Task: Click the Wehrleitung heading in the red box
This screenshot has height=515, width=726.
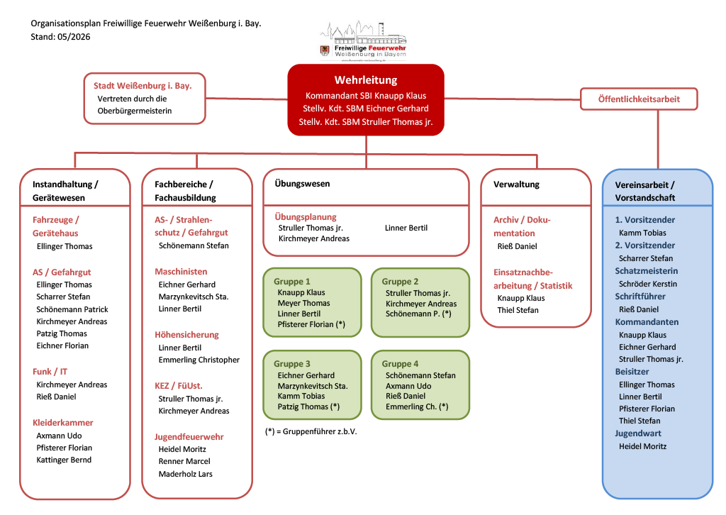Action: point(366,80)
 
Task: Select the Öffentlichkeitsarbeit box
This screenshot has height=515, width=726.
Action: point(639,99)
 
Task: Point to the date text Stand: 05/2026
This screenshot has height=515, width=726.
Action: point(60,37)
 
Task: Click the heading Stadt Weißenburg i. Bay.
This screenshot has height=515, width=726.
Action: point(143,86)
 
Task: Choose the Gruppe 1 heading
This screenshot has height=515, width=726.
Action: point(292,282)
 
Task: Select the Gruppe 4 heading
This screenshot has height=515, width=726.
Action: point(400,364)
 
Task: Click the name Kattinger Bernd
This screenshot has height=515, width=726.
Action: point(64,460)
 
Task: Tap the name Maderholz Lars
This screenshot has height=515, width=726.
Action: point(185,474)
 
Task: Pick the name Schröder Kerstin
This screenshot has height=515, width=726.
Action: point(647,284)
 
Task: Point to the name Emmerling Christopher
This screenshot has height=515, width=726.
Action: point(199,360)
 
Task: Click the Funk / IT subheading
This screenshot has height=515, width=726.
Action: point(50,372)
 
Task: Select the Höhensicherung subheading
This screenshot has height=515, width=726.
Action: point(186,335)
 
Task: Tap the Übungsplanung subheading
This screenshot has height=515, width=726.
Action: point(306,217)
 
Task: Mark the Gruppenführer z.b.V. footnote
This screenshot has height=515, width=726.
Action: point(311,431)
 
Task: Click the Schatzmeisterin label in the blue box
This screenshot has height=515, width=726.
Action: point(647,271)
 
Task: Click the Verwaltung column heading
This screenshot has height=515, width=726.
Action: point(517,184)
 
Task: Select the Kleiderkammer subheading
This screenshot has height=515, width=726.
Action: point(63,423)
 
